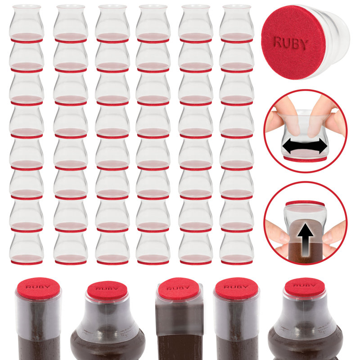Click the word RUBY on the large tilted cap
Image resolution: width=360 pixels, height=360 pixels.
point(291,43)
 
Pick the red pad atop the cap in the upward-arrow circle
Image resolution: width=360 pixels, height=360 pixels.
point(305,203)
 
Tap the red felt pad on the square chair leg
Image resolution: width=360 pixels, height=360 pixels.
point(179,288)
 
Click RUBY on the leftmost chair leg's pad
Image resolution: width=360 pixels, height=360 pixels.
point(38,286)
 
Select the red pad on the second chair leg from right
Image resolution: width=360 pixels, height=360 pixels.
point(236,288)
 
